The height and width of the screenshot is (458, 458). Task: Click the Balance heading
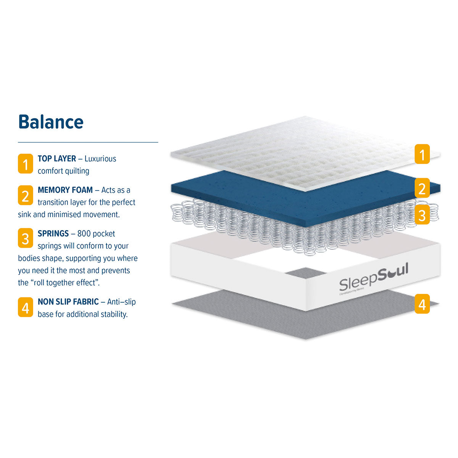coord(51,122)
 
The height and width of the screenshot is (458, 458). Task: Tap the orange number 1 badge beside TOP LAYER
coord(26,164)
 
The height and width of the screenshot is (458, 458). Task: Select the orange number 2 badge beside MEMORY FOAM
coord(26,195)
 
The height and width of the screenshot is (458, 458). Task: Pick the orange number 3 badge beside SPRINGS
coord(26,239)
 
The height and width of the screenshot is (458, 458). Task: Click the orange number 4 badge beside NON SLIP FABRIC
coord(26,307)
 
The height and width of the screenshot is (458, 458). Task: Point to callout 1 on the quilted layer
coord(422,154)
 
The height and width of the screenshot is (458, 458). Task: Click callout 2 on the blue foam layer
coord(422,189)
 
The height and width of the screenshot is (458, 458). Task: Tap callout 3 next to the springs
coord(422,215)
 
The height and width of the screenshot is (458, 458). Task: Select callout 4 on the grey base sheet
coord(422,304)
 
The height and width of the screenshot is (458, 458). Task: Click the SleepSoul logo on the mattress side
coord(373,278)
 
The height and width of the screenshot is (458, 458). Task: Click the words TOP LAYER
coord(57,159)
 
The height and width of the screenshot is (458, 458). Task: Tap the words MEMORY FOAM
coord(65,190)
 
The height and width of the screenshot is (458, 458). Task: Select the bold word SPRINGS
coord(53,234)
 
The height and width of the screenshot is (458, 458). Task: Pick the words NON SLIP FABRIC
coord(68,302)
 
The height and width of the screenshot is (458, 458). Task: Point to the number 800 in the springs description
coord(84,234)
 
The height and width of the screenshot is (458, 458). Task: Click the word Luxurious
coord(100,159)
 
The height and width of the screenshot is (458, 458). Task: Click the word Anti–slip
coord(121,302)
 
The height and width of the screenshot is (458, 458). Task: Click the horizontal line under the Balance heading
coord(88,142)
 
